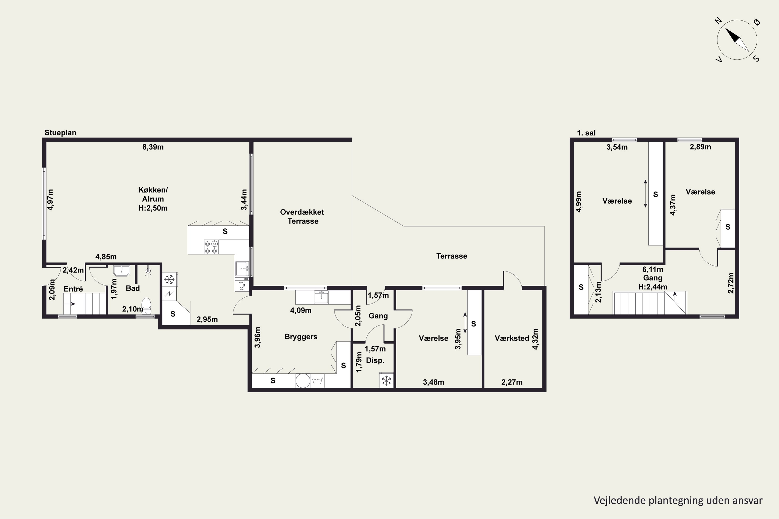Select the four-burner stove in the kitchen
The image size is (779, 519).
click(x=211, y=247)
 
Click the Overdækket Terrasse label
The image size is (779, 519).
click(x=302, y=216)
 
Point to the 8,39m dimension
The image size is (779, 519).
click(x=153, y=147)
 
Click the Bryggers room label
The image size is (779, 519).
click(x=301, y=337)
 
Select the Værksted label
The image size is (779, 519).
click(x=512, y=338)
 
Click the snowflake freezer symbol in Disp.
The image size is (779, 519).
click(x=386, y=381)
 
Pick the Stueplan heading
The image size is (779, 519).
click(x=60, y=133)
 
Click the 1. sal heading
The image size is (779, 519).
click(x=586, y=133)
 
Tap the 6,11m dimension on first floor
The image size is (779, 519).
click(x=653, y=269)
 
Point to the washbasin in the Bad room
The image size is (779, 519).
click(x=122, y=271)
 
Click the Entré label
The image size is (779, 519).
click(x=73, y=289)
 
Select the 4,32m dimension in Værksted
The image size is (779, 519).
click(x=535, y=339)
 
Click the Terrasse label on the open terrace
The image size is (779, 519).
click(x=452, y=256)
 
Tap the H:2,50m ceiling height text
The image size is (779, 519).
click(x=153, y=208)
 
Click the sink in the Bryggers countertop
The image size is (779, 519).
click(x=321, y=297)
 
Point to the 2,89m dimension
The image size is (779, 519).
click(x=700, y=147)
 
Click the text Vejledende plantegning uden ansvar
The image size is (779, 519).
click(x=678, y=500)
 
